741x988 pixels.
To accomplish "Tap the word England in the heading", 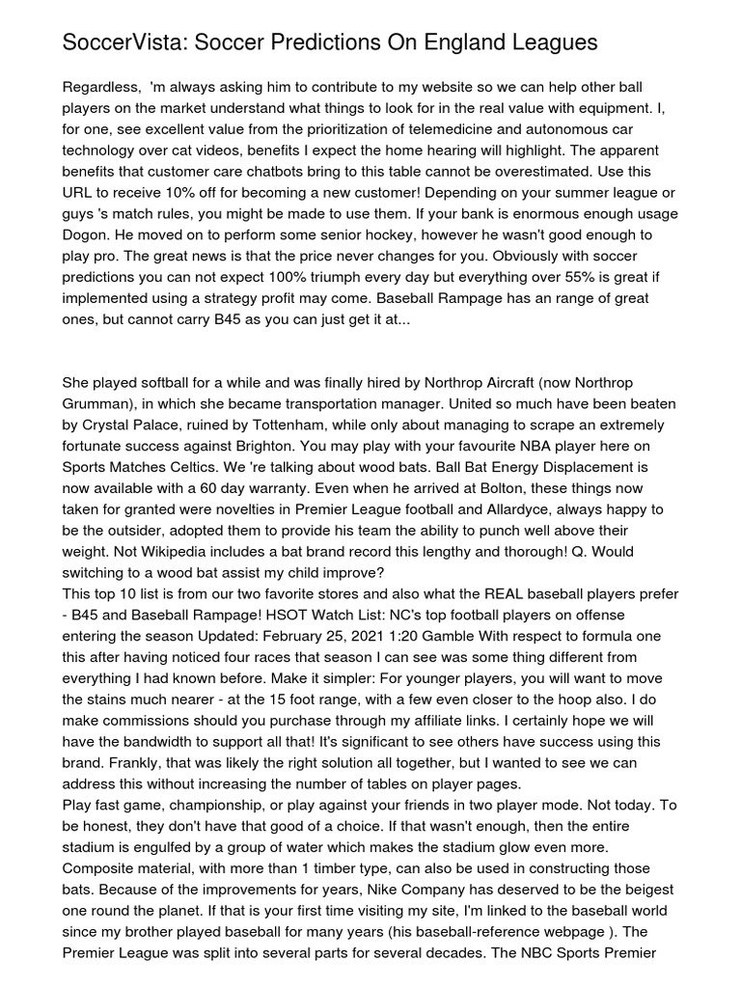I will (x=447, y=43).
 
